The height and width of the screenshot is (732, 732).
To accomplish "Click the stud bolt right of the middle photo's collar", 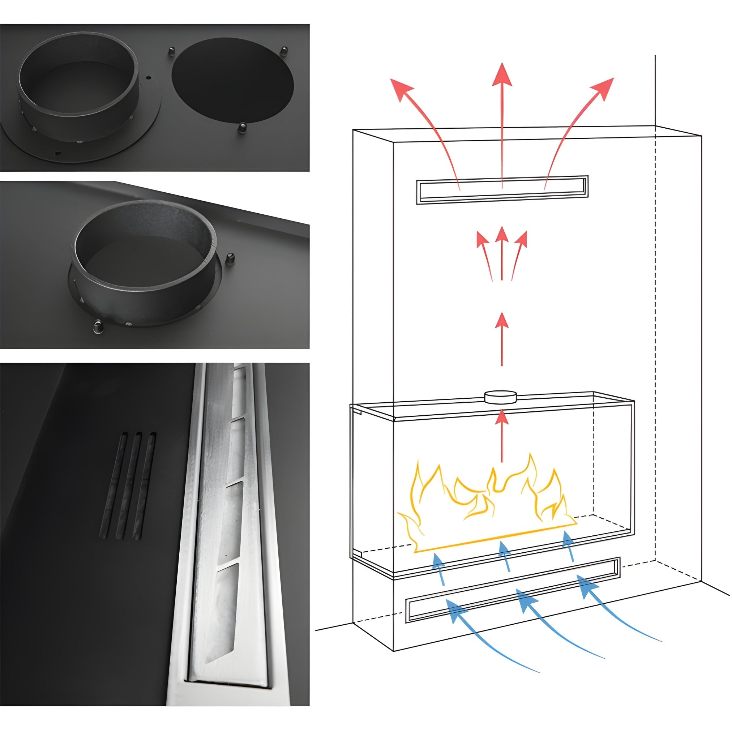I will [230, 260].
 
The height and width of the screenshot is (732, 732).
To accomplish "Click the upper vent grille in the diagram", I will [502, 189].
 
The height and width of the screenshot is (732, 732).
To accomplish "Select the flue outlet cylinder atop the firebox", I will [501, 398].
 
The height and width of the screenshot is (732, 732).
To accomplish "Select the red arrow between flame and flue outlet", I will [502, 436].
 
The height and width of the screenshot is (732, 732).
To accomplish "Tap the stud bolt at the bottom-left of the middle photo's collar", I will [97, 326].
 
